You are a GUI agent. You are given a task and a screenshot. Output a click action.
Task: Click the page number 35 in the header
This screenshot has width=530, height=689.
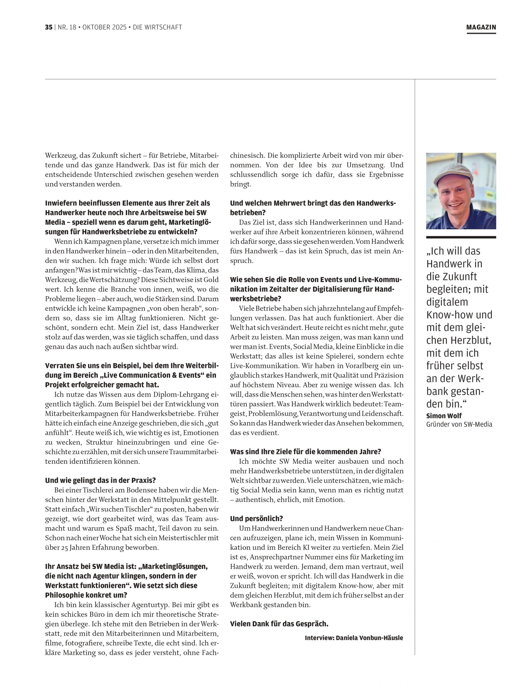coord(49,27)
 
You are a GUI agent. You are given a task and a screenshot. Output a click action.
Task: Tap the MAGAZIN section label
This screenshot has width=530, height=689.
coord(481,27)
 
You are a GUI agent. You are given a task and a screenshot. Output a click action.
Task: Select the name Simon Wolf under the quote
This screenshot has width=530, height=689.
coord(444,416)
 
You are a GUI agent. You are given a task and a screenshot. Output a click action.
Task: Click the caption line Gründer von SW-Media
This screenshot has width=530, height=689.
coord(459,424)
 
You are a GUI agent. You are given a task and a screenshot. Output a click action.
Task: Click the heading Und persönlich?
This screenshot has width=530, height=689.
coord(256,519)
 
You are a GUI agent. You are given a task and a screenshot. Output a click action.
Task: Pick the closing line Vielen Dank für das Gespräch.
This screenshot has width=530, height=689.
coord(279,624)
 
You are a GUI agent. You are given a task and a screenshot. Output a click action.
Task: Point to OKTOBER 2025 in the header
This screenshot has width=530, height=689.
coord(104,27)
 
